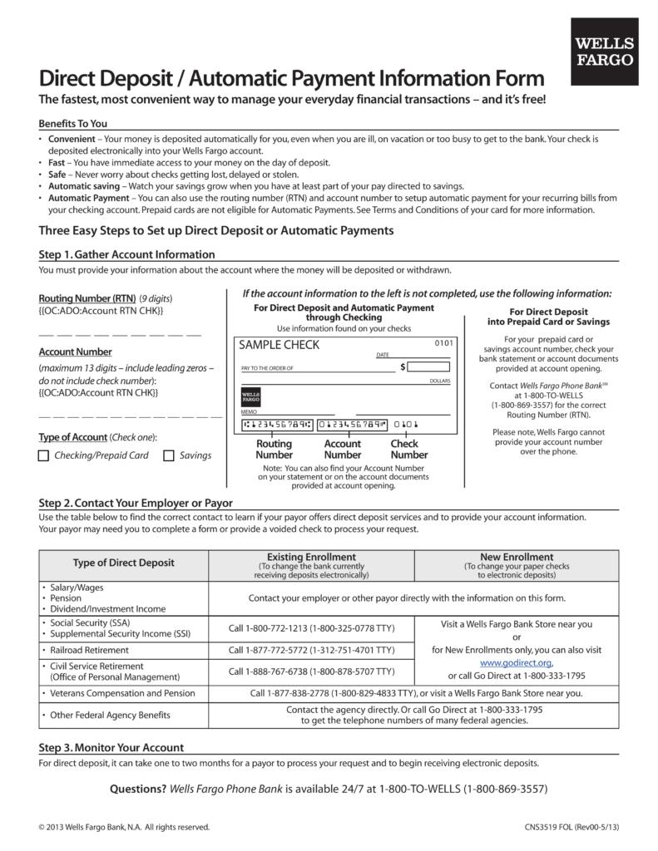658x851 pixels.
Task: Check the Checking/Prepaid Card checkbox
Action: pos(44,455)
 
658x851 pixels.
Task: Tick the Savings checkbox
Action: pos(168,455)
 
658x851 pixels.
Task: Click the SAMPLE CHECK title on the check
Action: pos(279,346)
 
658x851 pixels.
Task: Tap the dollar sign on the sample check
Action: pos(403,366)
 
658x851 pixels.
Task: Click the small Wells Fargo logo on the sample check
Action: pos(251,396)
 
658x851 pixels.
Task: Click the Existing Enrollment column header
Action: pos(311,557)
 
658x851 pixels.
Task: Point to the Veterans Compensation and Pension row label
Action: pos(122,693)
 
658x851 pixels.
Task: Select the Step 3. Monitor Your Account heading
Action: pos(111,747)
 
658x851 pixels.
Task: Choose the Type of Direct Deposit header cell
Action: pos(124,563)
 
